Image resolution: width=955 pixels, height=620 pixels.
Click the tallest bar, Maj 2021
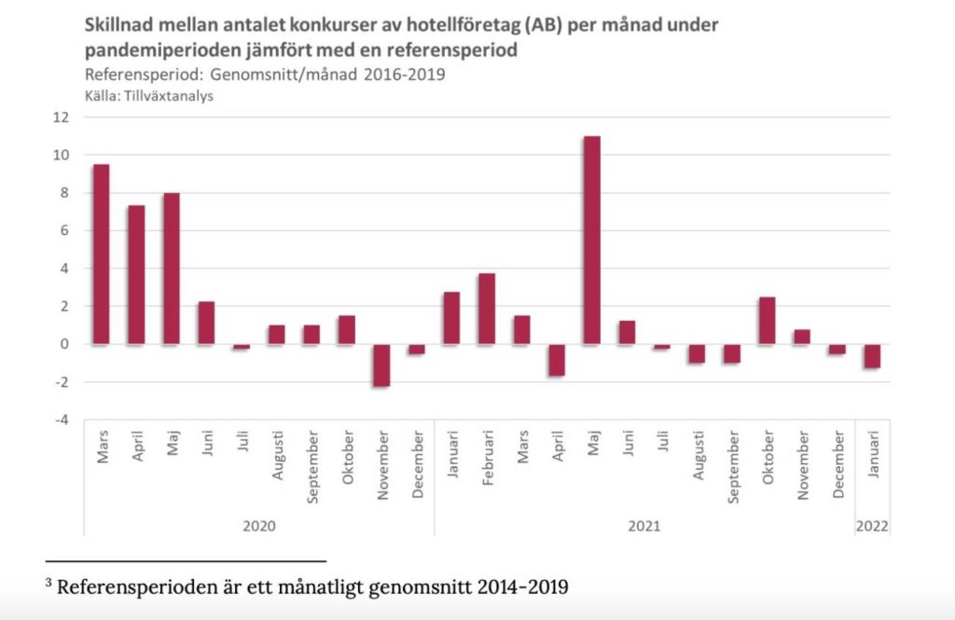[592, 241]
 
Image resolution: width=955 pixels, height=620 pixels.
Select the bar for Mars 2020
[101, 255]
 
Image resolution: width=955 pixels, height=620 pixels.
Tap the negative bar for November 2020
[381, 365]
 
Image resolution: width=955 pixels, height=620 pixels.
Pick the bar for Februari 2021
[487, 309]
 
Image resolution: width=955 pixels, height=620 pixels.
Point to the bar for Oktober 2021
[768, 321]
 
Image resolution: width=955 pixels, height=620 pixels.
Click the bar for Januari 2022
[873, 355]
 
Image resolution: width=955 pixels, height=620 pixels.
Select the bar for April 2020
[136, 274]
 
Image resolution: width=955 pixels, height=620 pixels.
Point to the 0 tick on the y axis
[66, 344]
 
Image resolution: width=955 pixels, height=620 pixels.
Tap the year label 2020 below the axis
[258, 526]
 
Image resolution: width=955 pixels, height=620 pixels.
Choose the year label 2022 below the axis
[873, 526]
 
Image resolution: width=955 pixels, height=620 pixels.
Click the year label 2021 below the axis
[644, 526]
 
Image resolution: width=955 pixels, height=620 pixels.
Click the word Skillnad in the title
[119, 25]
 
